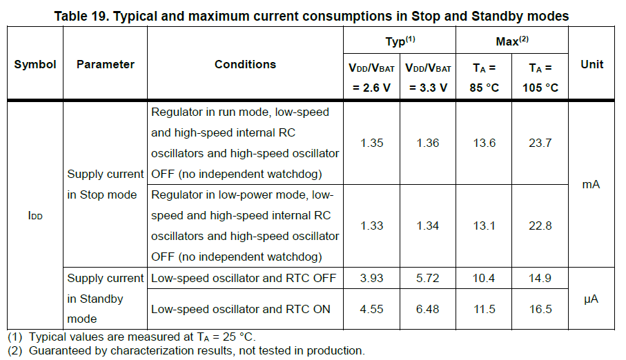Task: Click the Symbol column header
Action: pos(35,64)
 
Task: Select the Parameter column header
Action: pos(105,64)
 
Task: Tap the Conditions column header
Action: pos(245,64)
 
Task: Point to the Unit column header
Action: pos(591,64)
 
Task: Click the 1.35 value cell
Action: pos(371,143)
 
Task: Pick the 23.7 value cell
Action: pos(540,143)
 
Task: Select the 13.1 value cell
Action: pos(484,226)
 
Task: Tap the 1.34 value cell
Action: pos(428,226)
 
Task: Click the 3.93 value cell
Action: pos(371,278)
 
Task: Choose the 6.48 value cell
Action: pos(428,309)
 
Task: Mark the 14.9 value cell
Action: pos(540,278)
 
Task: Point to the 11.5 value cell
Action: pos(484,309)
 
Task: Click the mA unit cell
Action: pos(591,184)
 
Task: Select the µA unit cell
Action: pos(591,299)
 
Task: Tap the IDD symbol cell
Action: pos(35,216)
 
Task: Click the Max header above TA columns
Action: pos(512,42)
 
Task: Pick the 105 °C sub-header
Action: pos(540,88)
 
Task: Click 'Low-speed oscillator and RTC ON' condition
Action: pos(241,309)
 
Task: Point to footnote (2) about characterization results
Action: pos(186,350)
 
